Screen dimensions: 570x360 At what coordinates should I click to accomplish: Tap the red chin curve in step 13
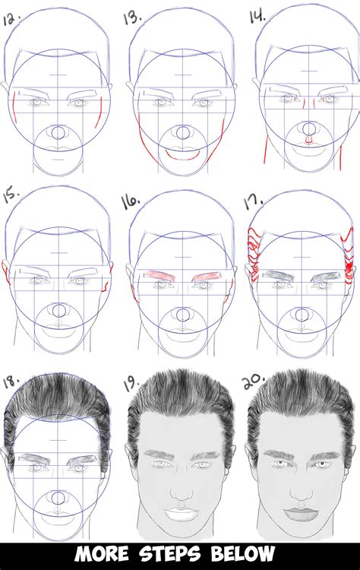point(182,154)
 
